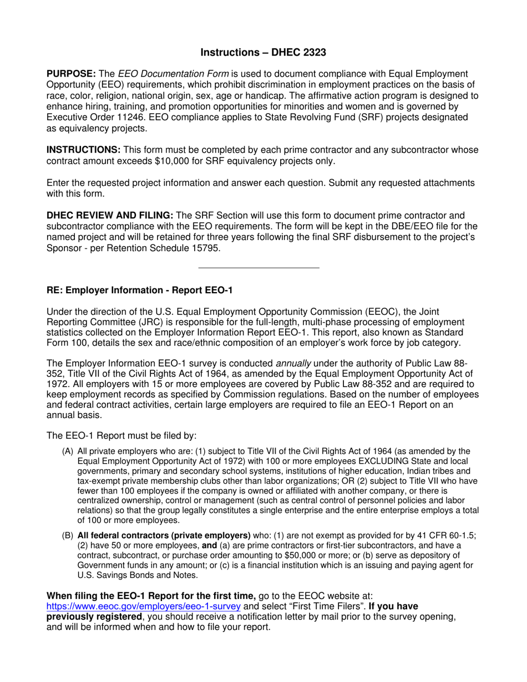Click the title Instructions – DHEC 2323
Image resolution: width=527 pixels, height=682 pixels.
(x=263, y=53)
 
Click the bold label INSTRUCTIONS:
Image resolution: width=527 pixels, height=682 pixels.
(x=83, y=150)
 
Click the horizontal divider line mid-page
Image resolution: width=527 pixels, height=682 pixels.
(x=259, y=268)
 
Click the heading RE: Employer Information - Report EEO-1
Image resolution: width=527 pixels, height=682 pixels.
(x=139, y=290)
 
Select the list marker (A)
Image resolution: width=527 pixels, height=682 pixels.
(x=68, y=451)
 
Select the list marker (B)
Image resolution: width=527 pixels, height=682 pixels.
(x=68, y=536)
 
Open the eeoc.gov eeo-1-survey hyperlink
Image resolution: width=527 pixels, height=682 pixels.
(x=143, y=607)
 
